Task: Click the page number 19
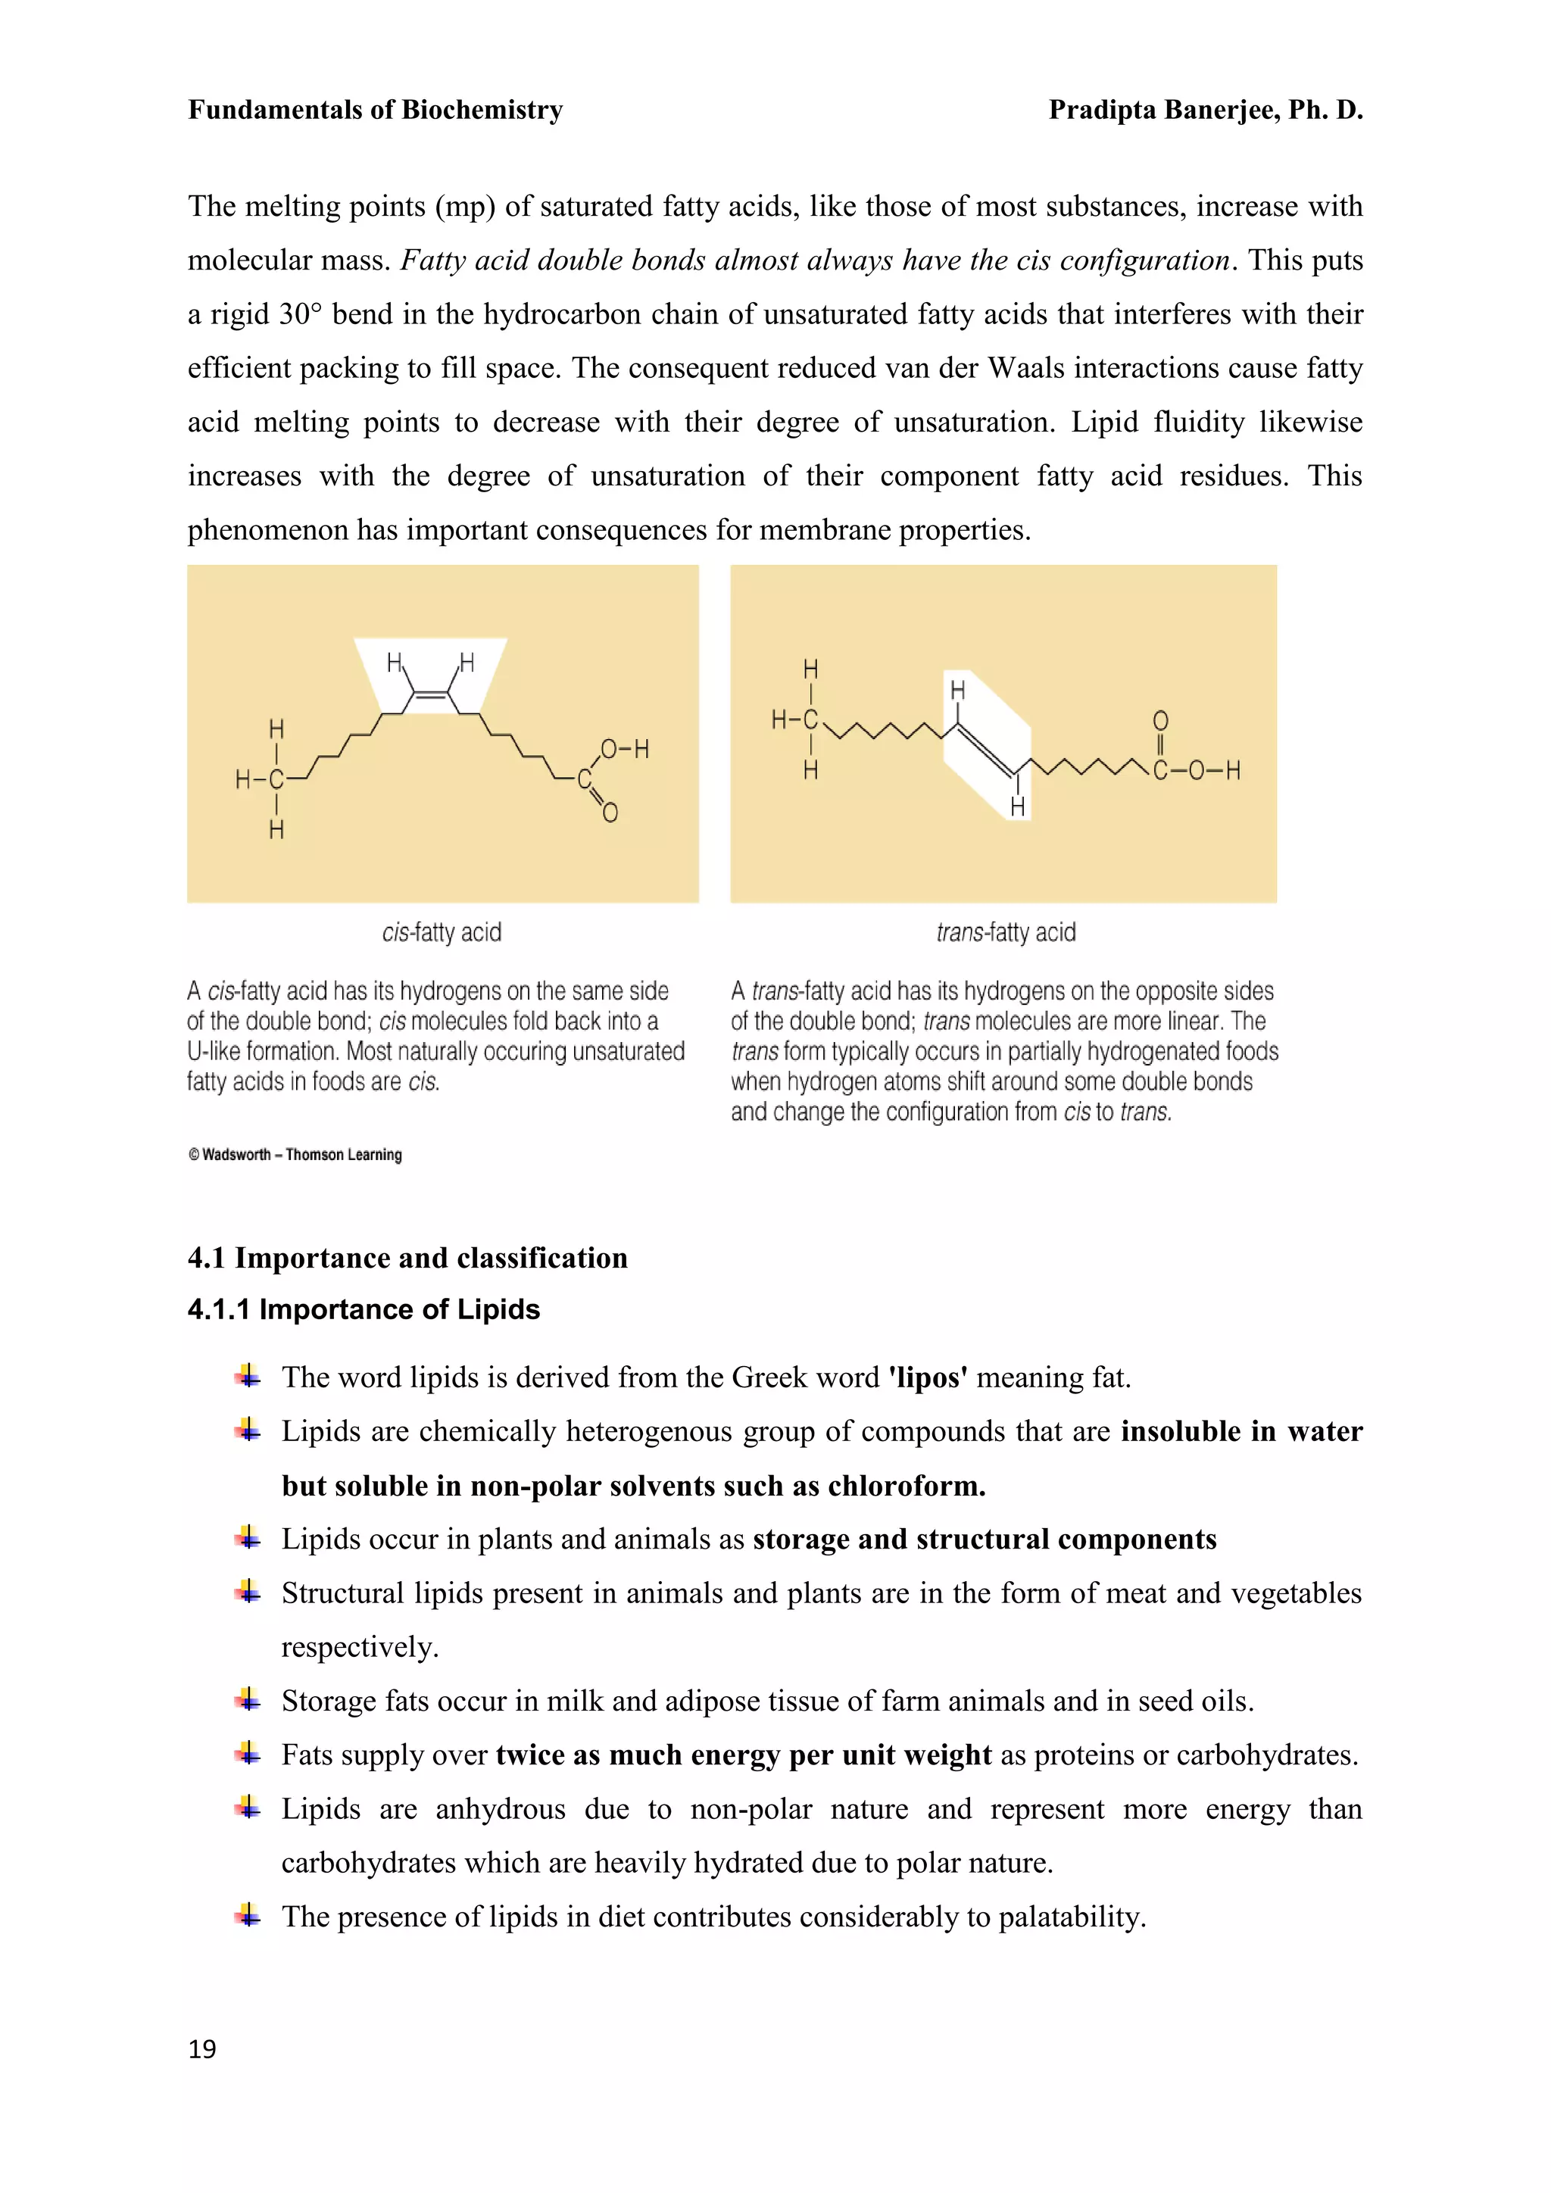tap(202, 2049)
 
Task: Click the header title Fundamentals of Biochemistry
tap(376, 110)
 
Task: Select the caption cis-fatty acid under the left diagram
tap(442, 932)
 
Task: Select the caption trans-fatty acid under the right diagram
tap(1006, 932)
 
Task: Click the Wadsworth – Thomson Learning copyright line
tap(295, 1155)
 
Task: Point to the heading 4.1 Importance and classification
tap(407, 1258)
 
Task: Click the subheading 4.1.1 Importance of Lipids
tap(364, 1309)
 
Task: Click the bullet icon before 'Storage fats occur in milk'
tap(248, 1699)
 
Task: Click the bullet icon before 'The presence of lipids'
tap(248, 1915)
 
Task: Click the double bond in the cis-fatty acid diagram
tap(432, 697)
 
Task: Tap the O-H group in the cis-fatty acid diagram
tap(625, 750)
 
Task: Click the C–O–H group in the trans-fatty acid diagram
tap(1197, 771)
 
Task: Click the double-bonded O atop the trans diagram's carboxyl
tap(1160, 721)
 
